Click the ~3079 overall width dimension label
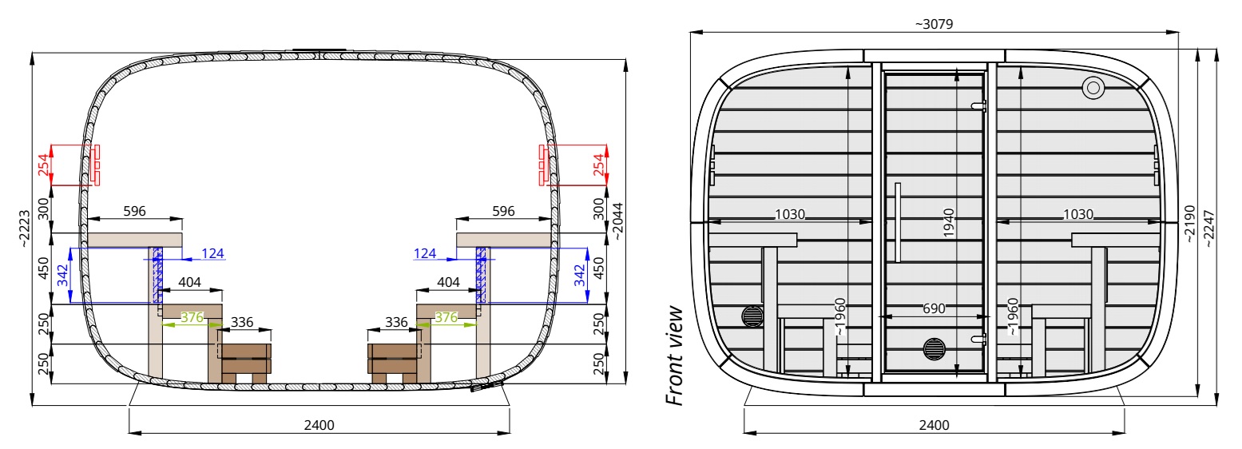pyautogui.click(x=934, y=24)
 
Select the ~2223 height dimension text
pyautogui.click(x=24, y=228)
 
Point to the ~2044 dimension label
pyautogui.click(x=617, y=221)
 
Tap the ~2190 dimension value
pyautogui.click(x=1188, y=224)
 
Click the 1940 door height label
pyautogui.click(x=948, y=223)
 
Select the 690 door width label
pyautogui.click(x=934, y=308)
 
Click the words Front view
pyautogui.click(x=674, y=356)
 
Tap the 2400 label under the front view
pyautogui.click(x=934, y=425)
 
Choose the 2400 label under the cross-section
pyautogui.click(x=319, y=425)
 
